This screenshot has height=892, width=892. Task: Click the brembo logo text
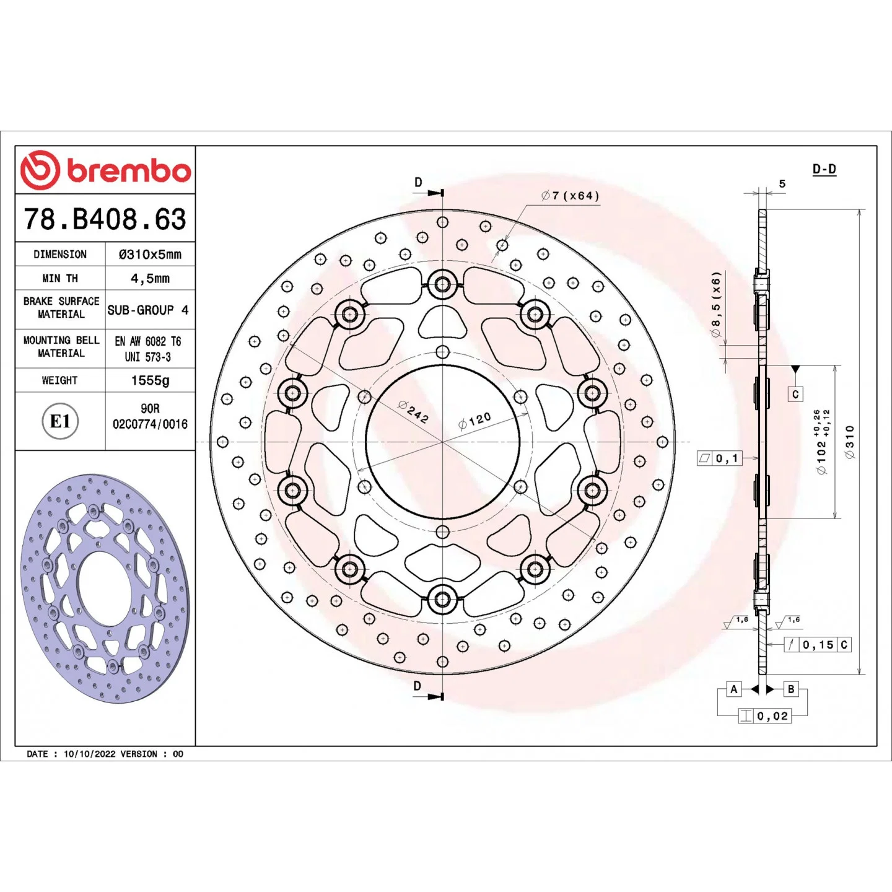tap(129, 172)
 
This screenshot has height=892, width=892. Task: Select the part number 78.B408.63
tap(105, 219)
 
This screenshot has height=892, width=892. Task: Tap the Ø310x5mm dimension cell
tap(150, 254)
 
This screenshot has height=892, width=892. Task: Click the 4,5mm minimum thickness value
tap(150, 278)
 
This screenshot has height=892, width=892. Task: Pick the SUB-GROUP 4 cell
tap(148, 310)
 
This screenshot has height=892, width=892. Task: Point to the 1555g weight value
tap(150, 380)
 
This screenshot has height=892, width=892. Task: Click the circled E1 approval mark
tap(60, 421)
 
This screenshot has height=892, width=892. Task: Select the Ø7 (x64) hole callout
tap(570, 196)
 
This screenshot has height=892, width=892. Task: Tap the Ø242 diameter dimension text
tap(413, 411)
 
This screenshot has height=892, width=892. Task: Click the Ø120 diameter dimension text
tap(474, 421)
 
